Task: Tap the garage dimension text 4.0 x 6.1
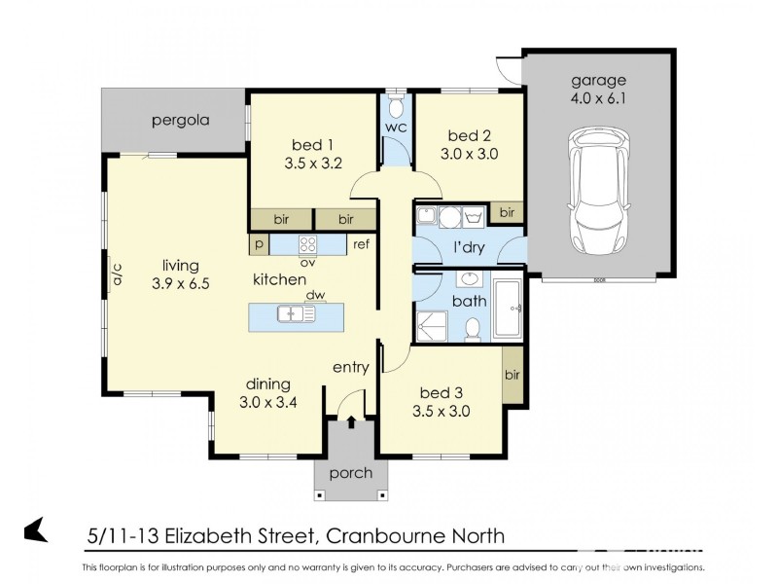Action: [598, 98]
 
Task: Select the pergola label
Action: [181, 122]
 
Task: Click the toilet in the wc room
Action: [397, 104]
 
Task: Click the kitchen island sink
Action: [292, 313]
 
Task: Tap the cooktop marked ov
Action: [309, 245]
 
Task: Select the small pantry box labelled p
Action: [260, 245]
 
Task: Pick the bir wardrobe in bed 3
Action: [512, 376]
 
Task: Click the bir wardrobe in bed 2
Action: [506, 212]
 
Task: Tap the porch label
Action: [350, 474]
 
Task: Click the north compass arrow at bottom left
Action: [36, 529]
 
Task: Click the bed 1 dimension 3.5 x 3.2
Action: [312, 164]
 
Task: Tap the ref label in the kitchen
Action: [361, 245]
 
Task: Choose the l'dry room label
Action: [469, 248]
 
